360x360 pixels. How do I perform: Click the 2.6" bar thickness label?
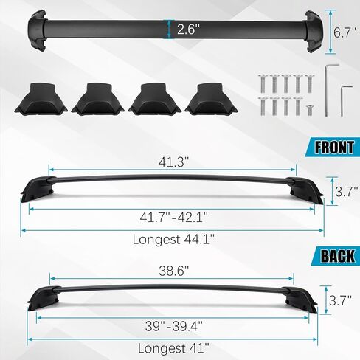tap(188, 30)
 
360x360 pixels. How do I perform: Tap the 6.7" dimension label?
tap(345, 32)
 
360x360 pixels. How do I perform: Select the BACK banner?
tap(334, 256)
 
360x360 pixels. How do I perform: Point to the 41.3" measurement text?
tap(173, 162)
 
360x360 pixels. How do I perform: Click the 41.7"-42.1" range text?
tap(173, 217)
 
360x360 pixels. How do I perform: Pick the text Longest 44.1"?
tap(173, 239)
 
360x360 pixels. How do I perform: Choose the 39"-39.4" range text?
tap(173, 326)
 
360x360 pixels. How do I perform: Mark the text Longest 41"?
tap(173, 348)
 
